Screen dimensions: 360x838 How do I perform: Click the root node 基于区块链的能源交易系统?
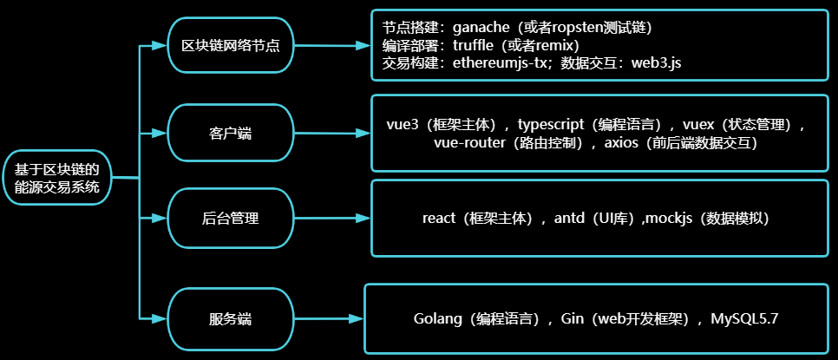pos(58,178)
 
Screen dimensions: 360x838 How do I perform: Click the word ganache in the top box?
pos(481,27)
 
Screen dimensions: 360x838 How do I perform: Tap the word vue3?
pos(403,124)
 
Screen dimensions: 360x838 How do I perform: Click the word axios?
pos(622,143)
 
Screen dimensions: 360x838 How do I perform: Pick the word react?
pos(439,219)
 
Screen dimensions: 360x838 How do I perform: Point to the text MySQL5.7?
pos(744,319)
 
